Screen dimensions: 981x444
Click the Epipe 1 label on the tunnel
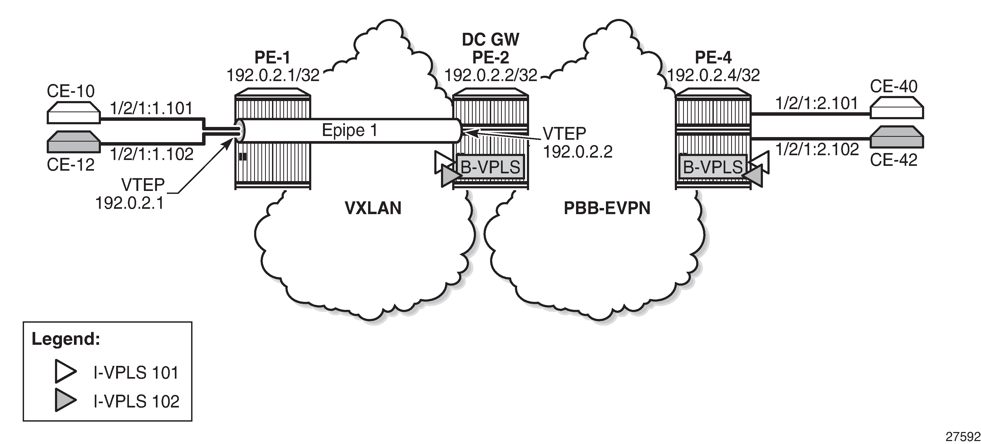tap(350, 130)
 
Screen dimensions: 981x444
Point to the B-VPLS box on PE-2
tap(491, 167)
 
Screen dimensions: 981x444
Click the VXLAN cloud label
tap(373, 208)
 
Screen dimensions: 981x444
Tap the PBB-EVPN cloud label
tap(607, 208)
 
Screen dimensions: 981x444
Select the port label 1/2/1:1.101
tap(152, 109)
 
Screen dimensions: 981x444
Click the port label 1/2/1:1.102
tap(152, 154)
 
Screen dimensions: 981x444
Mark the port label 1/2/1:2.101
tap(817, 103)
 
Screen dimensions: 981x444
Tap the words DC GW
tap(491, 39)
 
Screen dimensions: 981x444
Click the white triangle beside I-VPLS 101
tap(65, 371)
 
